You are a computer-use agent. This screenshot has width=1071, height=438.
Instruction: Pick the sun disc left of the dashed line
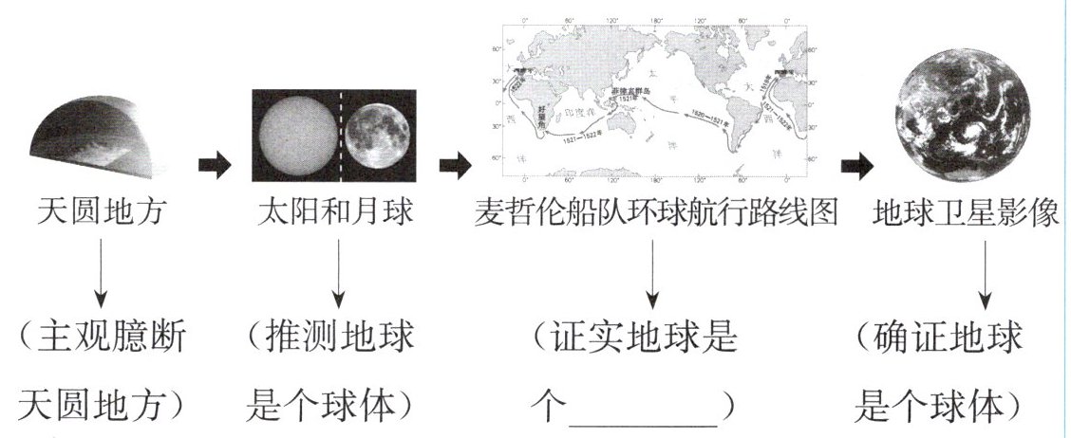293,136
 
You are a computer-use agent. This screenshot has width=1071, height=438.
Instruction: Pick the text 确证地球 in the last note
949,338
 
